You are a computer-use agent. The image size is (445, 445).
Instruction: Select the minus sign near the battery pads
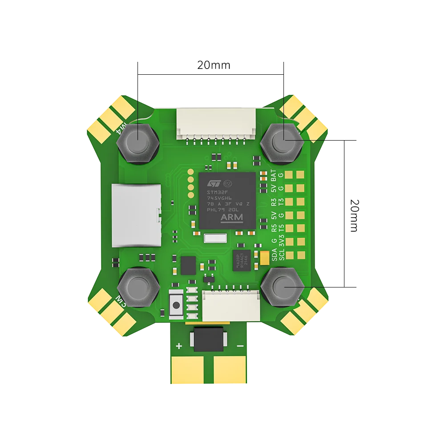[240, 346]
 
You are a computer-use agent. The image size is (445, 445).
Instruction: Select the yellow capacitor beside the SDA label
[266, 257]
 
